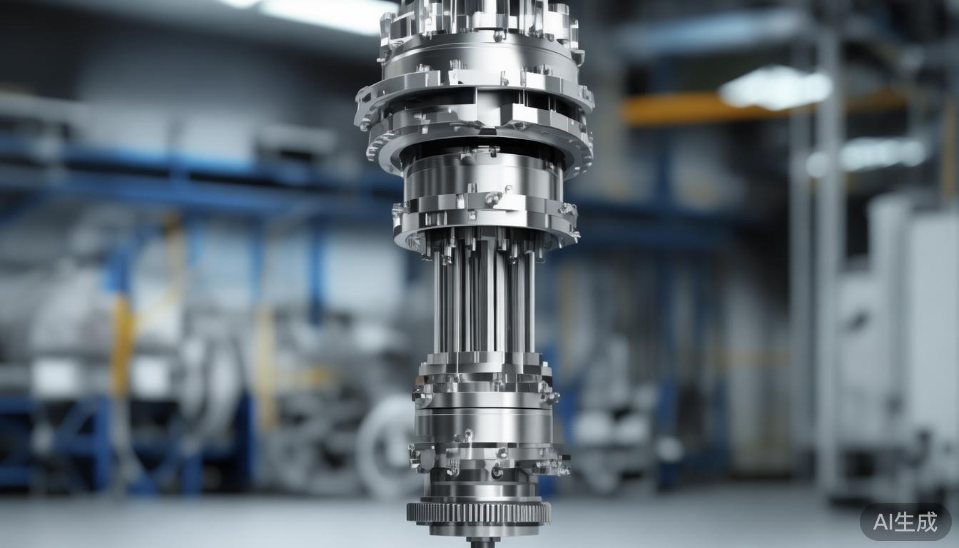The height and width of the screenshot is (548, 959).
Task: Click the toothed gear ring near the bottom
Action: tap(479, 512)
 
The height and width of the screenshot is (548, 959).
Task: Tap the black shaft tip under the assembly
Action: tap(482, 542)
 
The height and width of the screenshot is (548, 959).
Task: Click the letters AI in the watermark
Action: tap(881, 522)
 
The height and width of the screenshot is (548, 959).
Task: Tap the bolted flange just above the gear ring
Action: tap(489, 460)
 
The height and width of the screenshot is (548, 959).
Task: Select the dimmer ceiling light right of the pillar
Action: tap(885, 153)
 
